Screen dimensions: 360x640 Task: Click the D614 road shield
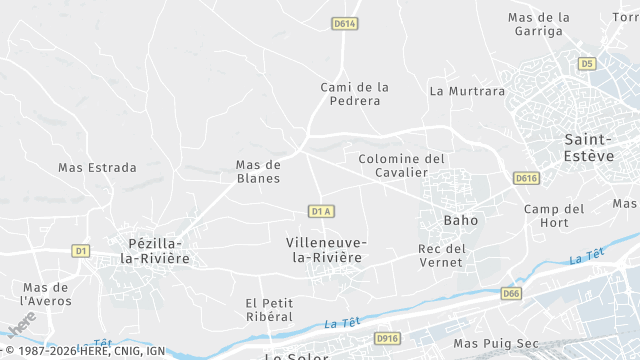[x=345, y=23]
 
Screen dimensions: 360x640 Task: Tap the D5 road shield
[x=587, y=63]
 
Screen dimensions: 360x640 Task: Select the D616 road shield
[x=526, y=178]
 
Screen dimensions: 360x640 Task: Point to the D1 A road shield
[x=321, y=211]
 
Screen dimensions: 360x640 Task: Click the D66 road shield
[x=511, y=293]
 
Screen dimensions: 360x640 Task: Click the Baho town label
[x=461, y=219]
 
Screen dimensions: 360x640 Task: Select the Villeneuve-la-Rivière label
[x=325, y=250]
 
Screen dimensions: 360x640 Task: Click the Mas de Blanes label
[x=258, y=171]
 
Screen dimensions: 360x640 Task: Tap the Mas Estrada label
[x=97, y=168]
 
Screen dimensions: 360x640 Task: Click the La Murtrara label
[x=467, y=90]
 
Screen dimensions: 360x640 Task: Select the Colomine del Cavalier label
[x=401, y=165]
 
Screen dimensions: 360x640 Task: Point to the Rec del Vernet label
[x=442, y=255]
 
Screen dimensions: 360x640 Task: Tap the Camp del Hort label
[x=554, y=216]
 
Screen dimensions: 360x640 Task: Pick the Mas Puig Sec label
[x=496, y=343]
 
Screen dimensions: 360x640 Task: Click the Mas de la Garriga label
[x=539, y=24]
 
